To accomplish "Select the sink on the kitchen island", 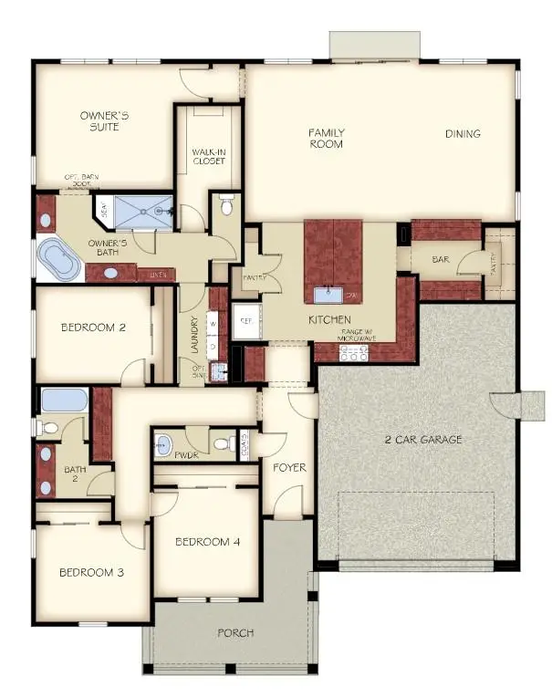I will tap(328, 295).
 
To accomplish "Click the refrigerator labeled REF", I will tap(245, 321).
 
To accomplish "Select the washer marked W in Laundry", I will tap(214, 323).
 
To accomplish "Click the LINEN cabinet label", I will tap(158, 273).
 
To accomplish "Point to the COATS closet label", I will tap(245, 444).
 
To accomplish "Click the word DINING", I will tap(463, 134).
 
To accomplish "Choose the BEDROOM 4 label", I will tap(208, 541).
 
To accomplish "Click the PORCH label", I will tap(235, 632).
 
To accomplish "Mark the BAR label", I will tap(441, 260).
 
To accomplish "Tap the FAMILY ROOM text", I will tap(326, 138).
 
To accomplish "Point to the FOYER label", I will tap(289, 468).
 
